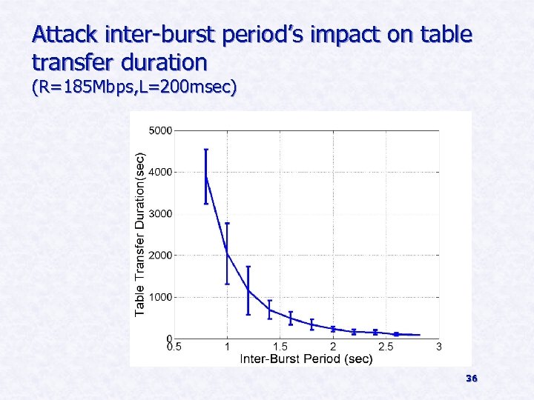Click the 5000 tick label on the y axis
[x=161, y=130]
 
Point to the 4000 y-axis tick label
[x=161, y=172]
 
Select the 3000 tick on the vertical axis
[x=161, y=213]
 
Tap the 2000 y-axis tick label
[x=161, y=255]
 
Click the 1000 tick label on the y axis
[x=161, y=296]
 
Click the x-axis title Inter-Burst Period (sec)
[x=306, y=359]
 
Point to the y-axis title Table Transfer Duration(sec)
[x=140, y=234]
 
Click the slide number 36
[x=472, y=379]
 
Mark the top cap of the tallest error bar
[x=206, y=150]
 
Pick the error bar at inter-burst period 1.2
[x=248, y=290]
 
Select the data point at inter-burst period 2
[x=333, y=328]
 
